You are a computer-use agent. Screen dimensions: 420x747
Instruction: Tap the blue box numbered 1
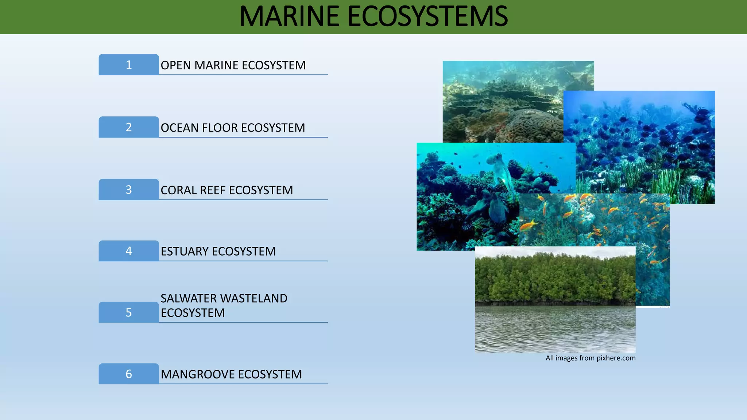tap(128, 65)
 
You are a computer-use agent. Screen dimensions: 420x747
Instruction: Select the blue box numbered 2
tap(128, 127)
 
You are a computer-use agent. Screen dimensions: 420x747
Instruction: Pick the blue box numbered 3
tap(128, 190)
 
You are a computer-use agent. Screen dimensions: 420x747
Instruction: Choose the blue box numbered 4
tap(128, 251)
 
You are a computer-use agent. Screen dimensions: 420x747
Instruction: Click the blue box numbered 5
tap(128, 312)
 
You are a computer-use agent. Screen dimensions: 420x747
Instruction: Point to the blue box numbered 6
tap(128, 374)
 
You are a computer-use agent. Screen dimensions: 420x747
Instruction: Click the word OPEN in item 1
tap(176, 65)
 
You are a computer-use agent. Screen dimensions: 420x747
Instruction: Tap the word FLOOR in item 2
tap(220, 128)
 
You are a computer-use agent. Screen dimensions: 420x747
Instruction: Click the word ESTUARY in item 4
tap(185, 252)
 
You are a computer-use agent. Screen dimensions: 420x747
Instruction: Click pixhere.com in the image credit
tap(616, 358)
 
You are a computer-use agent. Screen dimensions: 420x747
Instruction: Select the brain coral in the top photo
tap(533, 126)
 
